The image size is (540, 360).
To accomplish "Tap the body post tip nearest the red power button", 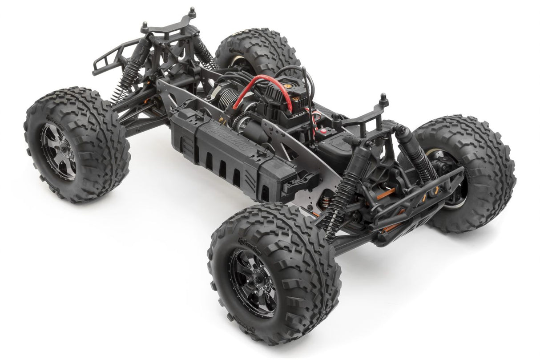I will [x=382, y=97].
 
